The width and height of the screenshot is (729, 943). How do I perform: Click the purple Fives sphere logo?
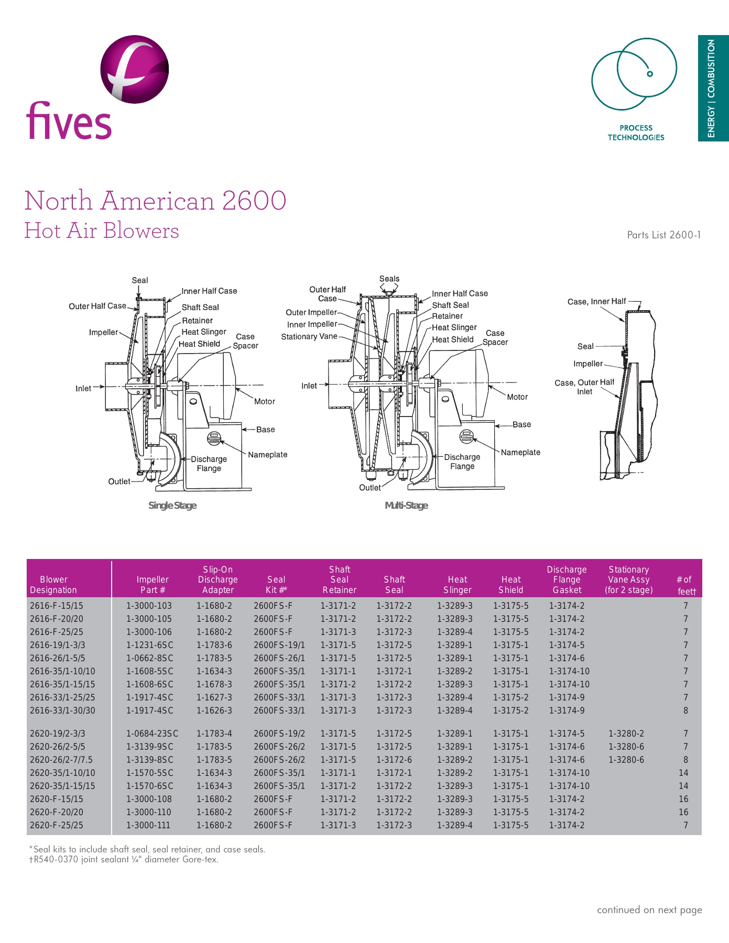click(135, 69)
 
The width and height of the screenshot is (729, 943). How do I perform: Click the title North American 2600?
click(156, 201)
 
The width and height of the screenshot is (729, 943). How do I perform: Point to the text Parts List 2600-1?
click(663, 235)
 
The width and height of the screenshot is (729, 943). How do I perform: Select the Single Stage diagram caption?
click(172, 506)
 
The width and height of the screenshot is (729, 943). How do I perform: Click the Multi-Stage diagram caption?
click(406, 506)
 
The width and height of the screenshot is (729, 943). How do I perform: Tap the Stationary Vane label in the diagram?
click(309, 336)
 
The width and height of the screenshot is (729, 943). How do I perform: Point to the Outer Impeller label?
click(311, 312)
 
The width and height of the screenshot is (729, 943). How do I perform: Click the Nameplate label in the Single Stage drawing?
click(267, 455)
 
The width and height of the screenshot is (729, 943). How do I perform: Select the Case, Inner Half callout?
click(596, 302)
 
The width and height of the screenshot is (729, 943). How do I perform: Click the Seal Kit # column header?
click(276, 585)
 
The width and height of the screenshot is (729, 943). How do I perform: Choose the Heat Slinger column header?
click(458, 585)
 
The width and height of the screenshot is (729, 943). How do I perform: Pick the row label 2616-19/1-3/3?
click(58, 645)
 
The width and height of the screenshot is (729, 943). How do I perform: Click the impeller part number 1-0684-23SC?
click(152, 733)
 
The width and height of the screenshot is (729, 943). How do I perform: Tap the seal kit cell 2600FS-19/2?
click(279, 733)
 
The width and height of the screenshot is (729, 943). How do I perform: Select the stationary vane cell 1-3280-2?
click(626, 733)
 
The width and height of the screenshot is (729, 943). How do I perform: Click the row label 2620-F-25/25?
click(57, 825)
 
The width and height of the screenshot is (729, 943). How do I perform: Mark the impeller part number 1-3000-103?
click(149, 606)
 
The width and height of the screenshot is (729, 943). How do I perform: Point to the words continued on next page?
click(649, 910)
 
